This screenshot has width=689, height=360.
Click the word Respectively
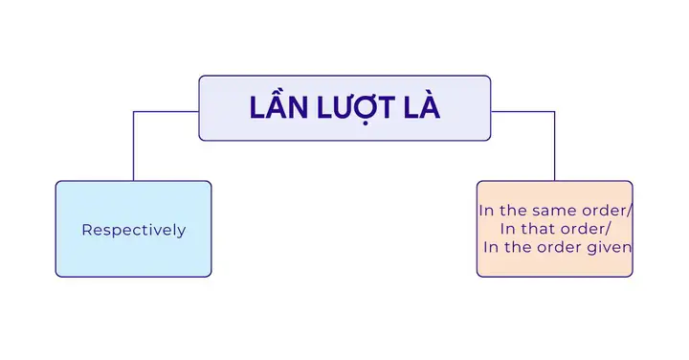134,230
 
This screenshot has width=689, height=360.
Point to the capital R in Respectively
87,230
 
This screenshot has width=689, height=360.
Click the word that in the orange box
542,229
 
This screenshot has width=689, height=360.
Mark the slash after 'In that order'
609,229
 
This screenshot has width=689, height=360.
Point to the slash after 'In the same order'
630,211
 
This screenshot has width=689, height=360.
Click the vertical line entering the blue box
134,146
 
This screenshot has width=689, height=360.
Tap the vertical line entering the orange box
554,146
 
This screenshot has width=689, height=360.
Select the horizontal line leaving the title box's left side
167,112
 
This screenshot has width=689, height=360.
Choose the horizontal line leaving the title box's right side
522,112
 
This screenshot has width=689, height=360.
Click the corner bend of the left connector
134,112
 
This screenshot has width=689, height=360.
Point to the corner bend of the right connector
554,112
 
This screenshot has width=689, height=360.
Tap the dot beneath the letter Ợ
366,123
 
